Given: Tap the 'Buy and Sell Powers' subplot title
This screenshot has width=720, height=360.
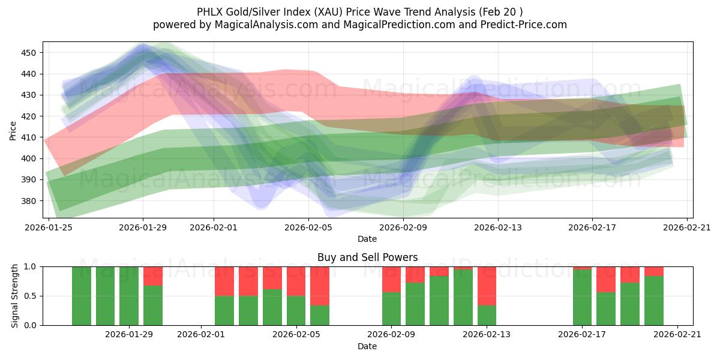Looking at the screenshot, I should (367, 257).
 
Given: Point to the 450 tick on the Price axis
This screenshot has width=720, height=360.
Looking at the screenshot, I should (28, 53).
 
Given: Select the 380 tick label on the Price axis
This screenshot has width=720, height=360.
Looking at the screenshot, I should (28, 201).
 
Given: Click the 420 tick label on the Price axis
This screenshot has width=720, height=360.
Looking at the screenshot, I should (28, 116).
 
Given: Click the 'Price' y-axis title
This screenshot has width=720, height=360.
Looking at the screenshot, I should (13, 130).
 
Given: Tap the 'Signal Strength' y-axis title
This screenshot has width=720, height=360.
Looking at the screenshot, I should (15, 296).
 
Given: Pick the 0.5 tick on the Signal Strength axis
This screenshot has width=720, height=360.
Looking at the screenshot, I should (30, 296).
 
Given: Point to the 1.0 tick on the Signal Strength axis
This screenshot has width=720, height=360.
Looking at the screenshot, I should (30, 266).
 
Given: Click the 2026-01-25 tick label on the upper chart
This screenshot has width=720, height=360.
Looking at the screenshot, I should (48, 227).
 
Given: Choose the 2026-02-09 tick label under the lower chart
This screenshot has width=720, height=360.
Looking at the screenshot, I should (391, 335).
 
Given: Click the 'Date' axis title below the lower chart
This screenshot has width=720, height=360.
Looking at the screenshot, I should (367, 346).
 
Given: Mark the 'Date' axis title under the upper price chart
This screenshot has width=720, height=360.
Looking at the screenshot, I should (367, 239).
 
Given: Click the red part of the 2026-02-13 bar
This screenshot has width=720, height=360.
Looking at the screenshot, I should (487, 286).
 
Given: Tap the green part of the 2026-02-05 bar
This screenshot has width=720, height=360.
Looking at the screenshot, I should (296, 310).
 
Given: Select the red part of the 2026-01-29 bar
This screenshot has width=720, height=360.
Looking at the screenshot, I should (153, 275).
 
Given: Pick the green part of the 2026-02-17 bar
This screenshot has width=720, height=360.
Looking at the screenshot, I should (582, 297).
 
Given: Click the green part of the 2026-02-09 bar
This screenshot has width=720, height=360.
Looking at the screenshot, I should (391, 308).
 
